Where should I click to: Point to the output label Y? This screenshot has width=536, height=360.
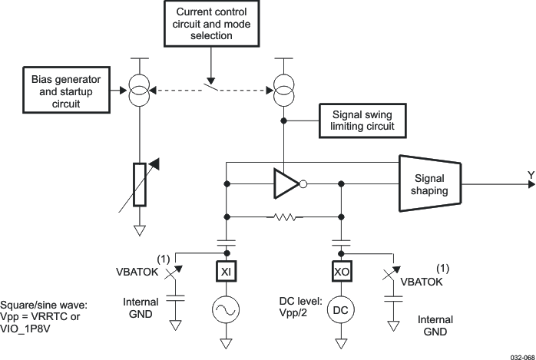[x=530, y=176]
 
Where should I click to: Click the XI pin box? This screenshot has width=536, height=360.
[x=226, y=272]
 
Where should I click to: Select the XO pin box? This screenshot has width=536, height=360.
[x=341, y=272]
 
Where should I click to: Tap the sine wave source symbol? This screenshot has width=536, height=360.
[x=226, y=310]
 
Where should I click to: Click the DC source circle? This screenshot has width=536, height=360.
[x=341, y=310]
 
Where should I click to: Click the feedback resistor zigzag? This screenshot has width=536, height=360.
[x=284, y=218]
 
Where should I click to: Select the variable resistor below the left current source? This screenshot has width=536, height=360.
[x=140, y=184]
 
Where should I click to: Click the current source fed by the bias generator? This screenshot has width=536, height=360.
[x=140, y=91]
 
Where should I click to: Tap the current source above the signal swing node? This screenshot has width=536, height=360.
[x=284, y=91]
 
